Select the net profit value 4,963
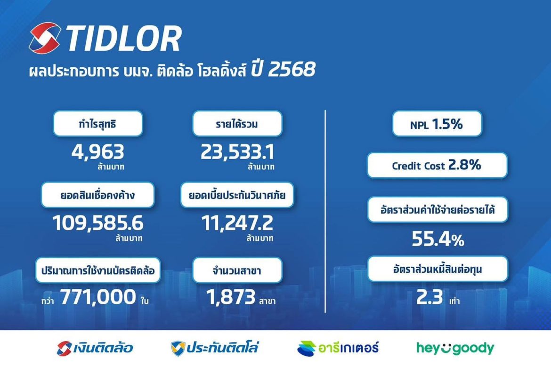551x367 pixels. pos(98,152)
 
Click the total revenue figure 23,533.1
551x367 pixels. pos(237,152)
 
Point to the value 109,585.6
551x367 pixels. pos(98,223)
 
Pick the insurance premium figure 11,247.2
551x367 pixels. pos(237,223)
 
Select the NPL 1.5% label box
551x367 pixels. pos(437,124)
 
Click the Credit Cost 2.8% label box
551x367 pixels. pos(437,165)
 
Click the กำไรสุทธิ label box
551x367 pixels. pos(98,124)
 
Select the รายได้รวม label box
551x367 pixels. pos(237,124)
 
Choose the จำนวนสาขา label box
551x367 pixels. pos(237,270)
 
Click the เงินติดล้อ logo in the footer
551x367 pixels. pos(95,348)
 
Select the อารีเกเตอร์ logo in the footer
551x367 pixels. pos(338,348)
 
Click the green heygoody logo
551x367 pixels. pos(455,348)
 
